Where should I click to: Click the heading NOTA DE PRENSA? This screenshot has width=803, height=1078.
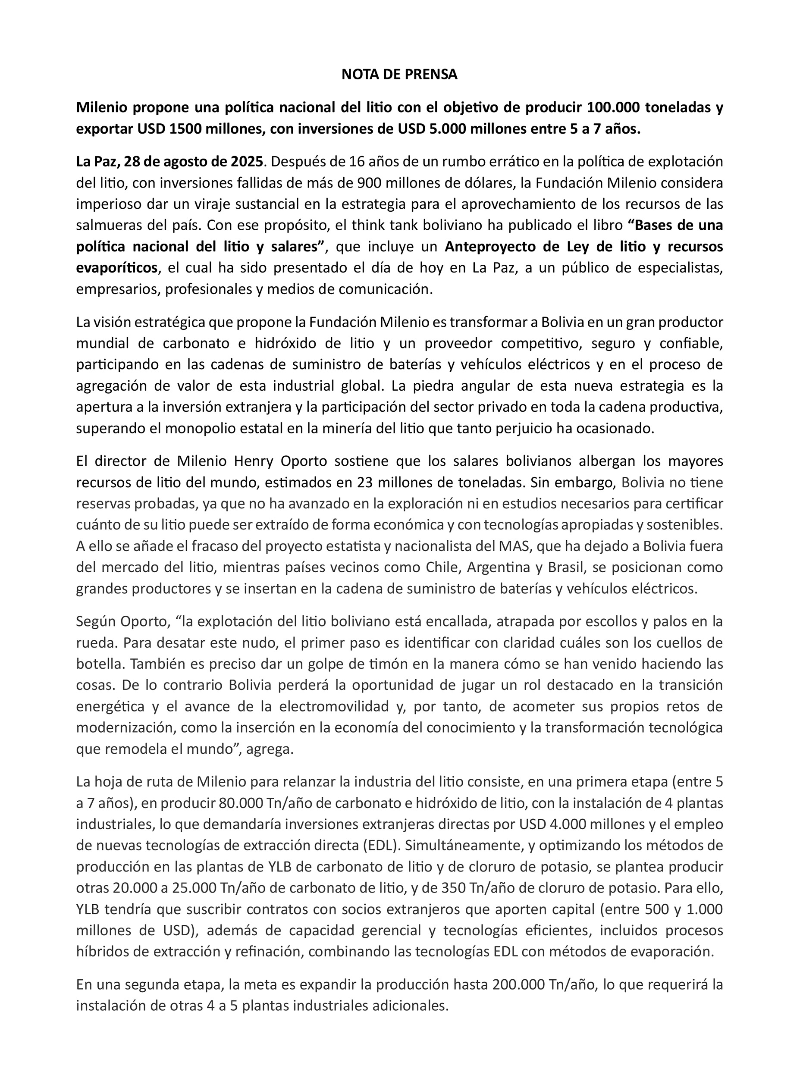(x=399, y=74)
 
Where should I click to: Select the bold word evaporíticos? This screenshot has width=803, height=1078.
(x=117, y=268)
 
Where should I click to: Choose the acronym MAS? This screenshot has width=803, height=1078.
(x=511, y=546)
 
